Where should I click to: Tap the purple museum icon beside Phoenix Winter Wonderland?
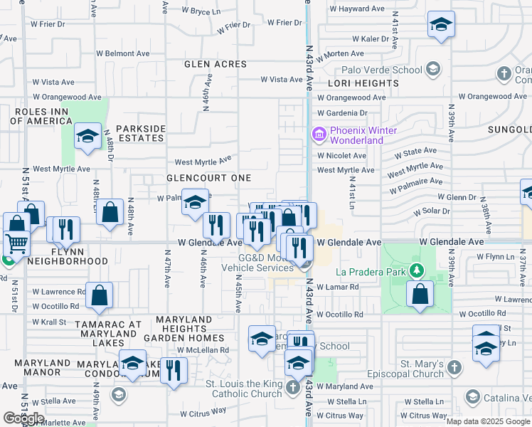318,134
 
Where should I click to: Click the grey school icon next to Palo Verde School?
432,70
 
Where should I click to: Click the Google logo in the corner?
24,418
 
